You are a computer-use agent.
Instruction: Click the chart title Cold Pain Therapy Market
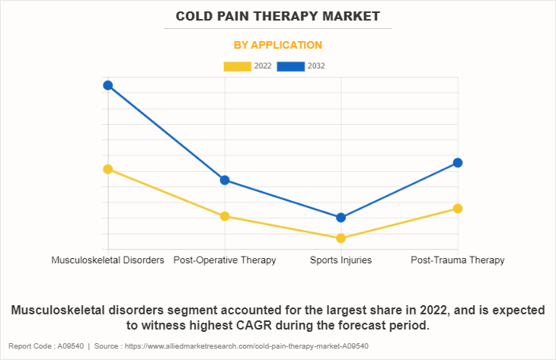tap(277, 16)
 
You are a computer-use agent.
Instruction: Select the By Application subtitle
tap(277, 45)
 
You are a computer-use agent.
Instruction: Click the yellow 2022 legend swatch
tap(237, 66)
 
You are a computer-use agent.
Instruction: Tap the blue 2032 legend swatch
tap(291, 66)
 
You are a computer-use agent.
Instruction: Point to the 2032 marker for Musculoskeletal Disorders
tap(108, 85)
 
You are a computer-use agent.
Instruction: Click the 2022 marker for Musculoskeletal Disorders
tap(108, 169)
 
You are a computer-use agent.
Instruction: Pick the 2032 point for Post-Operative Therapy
tap(225, 180)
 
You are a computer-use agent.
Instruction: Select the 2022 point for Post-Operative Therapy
tap(225, 216)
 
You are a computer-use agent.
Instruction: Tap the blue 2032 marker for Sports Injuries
tap(341, 218)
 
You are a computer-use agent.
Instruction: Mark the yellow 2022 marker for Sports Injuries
tap(341, 238)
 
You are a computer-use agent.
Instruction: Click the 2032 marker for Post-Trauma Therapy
tap(458, 163)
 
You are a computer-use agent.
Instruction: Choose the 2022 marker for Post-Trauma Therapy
tap(458, 209)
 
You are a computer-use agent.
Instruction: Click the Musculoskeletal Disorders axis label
tap(108, 260)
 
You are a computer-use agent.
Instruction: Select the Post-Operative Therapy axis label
tap(225, 260)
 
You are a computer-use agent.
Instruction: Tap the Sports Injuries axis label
tap(341, 260)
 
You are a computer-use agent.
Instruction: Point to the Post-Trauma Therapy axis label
tap(458, 260)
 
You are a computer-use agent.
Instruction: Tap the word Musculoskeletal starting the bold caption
tap(61, 311)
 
